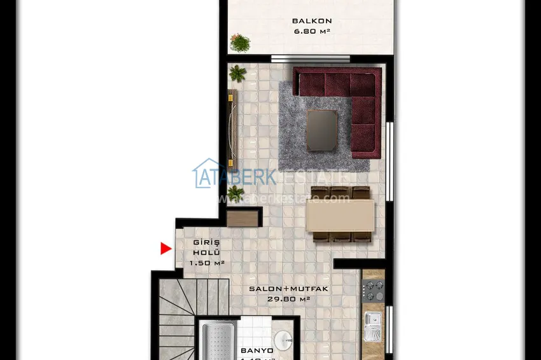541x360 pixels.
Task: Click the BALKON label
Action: (x=312, y=20)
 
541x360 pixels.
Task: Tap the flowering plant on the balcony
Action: (x=240, y=43)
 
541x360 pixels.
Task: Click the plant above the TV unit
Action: (x=237, y=73)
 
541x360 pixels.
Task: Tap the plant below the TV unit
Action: (x=235, y=192)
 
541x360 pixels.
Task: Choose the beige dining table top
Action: (x=340, y=216)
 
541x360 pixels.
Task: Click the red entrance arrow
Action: (x=166, y=249)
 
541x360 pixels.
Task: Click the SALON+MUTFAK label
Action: (x=279, y=289)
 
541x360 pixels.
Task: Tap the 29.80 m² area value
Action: (x=289, y=298)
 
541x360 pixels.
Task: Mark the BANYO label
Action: (x=257, y=350)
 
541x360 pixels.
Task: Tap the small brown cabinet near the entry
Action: (x=244, y=218)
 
